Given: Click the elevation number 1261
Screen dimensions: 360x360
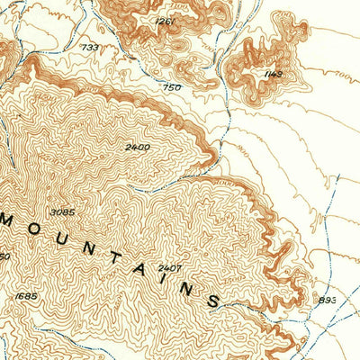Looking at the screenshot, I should [165, 21].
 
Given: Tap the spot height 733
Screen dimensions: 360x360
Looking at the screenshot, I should [90, 47].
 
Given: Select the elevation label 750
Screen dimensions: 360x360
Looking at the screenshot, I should [174, 86].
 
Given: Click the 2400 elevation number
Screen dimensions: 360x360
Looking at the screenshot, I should [138, 147].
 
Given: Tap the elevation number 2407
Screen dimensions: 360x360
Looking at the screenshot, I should [169, 268].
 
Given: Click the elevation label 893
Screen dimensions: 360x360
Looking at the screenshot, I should [327, 300].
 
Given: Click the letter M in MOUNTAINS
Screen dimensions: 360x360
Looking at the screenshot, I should [11, 220].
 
